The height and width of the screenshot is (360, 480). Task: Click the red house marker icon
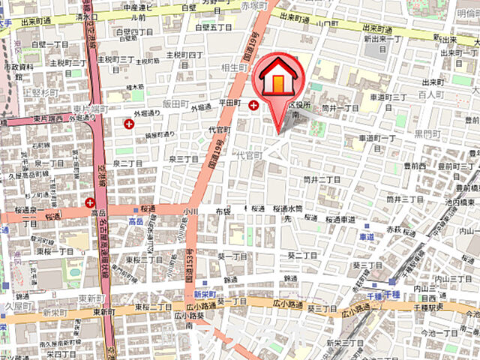coord(279,79)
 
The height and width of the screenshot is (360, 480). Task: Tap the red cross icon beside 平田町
coord(253,106)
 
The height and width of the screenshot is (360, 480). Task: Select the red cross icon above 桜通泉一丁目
coord(91,202)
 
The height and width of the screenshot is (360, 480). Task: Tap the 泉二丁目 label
coord(183,159)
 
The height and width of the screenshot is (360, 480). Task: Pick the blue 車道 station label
coord(366,236)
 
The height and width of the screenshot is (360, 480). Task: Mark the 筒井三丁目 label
coord(405,200)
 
